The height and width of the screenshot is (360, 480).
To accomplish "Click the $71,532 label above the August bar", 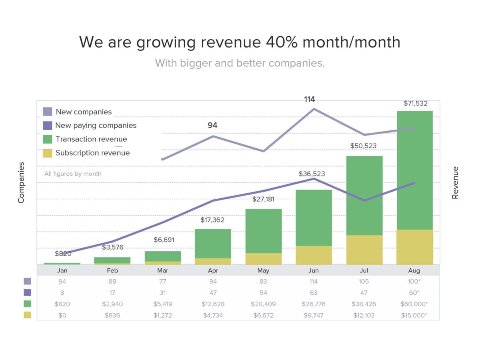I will click(415, 103).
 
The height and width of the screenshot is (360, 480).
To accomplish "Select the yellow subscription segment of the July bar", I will click(364, 250).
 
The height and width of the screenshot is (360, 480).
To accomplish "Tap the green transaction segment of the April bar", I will click(213, 244).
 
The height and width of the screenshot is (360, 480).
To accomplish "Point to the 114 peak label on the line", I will click(309, 100).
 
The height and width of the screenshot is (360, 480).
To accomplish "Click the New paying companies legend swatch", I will click(48, 125).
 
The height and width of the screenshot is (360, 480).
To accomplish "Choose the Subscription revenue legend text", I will click(92, 153).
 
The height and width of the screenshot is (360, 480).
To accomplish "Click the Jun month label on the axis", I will click(314, 270).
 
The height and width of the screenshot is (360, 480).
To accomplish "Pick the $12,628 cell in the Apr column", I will click(213, 304).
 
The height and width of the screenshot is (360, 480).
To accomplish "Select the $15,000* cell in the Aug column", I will click(414, 315).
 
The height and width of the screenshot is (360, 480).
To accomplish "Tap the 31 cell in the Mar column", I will click(162, 293).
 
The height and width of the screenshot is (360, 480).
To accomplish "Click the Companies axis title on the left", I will click(21, 182).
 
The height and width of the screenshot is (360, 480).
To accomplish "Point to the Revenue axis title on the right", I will click(455, 182).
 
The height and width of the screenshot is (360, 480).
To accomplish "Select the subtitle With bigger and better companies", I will click(240, 63).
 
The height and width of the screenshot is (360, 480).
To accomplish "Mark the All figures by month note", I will click(73, 174).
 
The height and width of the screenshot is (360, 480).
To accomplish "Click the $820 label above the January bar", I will click(63, 253).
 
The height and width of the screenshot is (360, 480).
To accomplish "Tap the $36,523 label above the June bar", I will click(312, 174).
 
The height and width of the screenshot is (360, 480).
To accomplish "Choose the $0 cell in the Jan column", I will click(62, 315).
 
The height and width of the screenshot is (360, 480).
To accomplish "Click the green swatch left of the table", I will click(28, 304).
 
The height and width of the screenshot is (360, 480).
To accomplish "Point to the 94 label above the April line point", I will click(212, 125).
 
